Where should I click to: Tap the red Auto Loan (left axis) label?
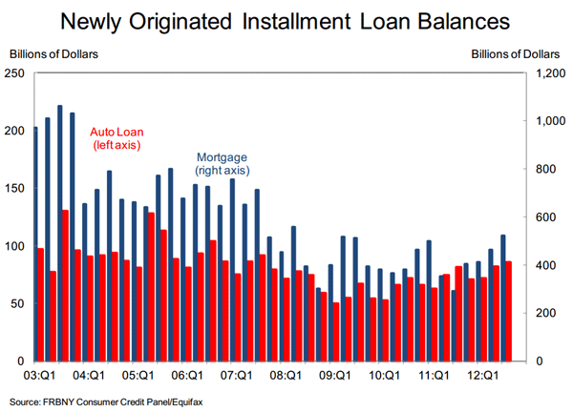tap(116, 138)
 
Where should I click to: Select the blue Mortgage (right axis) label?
tap(223, 163)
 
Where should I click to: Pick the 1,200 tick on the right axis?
tap(553, 72)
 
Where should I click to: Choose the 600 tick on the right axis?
tap(550, 217)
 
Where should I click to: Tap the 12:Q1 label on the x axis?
tap(482, 376)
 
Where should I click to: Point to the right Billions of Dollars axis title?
tap(521, 52)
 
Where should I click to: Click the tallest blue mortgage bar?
tap(59, 233)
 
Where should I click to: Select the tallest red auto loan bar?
tap(65, 285)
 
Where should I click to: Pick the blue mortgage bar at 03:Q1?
tap(35, 243)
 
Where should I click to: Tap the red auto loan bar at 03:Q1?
tap(41, 304)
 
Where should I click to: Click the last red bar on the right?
tap(509, 311)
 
